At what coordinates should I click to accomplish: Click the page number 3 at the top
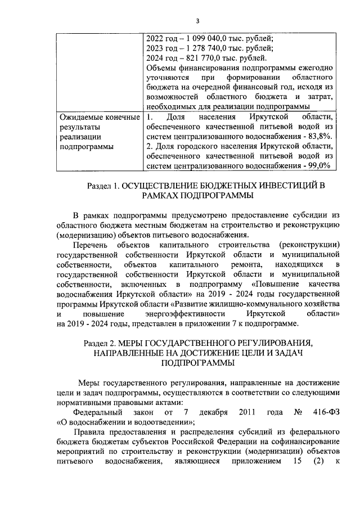197,21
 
